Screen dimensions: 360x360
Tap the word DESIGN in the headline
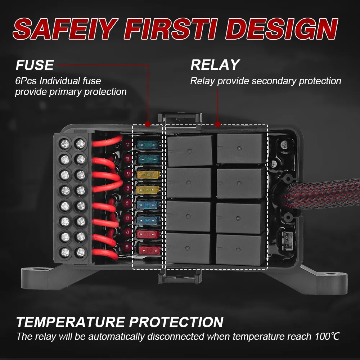click(282, 29)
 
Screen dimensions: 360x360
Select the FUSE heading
click(35, 65)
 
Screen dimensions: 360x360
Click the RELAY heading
click(215, 65)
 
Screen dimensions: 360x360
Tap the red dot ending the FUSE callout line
click(148, 124)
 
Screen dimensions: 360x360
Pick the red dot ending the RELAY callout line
click(218, 124)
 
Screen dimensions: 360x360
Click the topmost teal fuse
click(148, 145)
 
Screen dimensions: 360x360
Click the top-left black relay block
click(190, 150)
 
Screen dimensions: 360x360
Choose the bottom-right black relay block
click(240, 249)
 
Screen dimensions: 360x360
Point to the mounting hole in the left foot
click(43, 269)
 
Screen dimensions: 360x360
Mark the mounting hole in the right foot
click(330, 274)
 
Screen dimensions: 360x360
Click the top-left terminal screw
click(65, 144)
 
